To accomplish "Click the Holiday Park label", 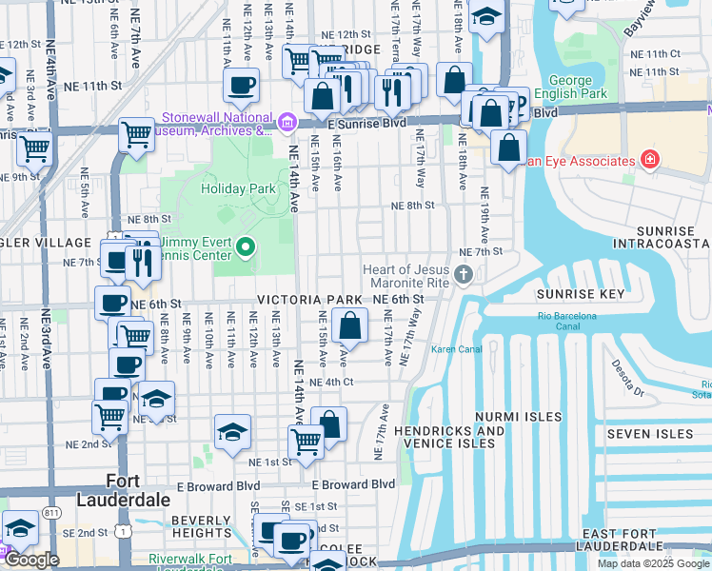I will tap(238, 188).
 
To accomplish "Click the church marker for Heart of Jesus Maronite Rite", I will tap(464, 276).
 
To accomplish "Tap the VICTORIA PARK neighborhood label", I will tap(309, 300).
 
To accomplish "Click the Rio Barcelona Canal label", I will tap(566, 321).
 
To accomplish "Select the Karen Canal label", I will tap(455, 349).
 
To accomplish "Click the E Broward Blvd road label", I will tap(351, 484).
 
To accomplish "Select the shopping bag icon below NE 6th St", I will tap(350, 325).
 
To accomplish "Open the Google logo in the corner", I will tap(30, 560).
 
